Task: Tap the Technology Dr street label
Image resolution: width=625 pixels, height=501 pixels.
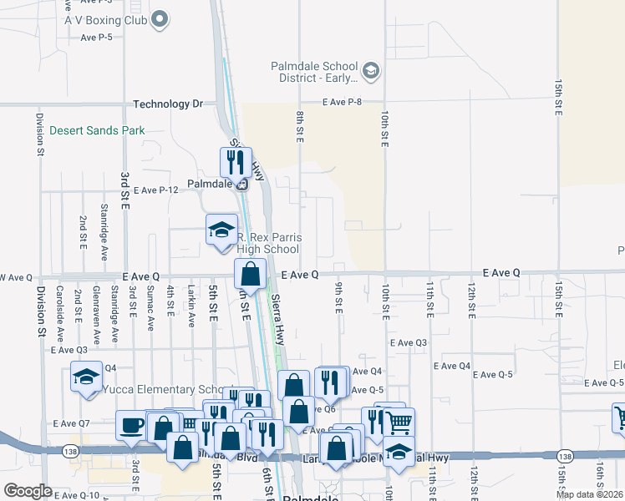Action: click(x=168, y=104)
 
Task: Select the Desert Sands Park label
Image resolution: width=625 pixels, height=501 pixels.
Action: click(x=97, y=130)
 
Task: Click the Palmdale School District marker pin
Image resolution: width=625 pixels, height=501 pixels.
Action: click(x=372, y=71)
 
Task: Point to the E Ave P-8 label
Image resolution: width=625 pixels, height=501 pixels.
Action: click(x=343, y=102)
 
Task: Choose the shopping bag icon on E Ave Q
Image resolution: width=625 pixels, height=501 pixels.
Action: click(x=250, y=272)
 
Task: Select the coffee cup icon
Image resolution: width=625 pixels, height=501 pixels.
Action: click(x=131, y=426)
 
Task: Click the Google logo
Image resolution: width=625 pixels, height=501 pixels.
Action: click(x=28, y=490)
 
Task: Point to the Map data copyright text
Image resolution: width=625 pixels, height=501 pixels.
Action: click(x=589, y=494)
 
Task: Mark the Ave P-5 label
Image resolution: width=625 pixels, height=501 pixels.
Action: click(x=97, y=38)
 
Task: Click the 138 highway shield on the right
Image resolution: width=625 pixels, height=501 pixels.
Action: click(x=565, y=457)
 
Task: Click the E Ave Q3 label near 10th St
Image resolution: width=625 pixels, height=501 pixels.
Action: click(x=409, y=342)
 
